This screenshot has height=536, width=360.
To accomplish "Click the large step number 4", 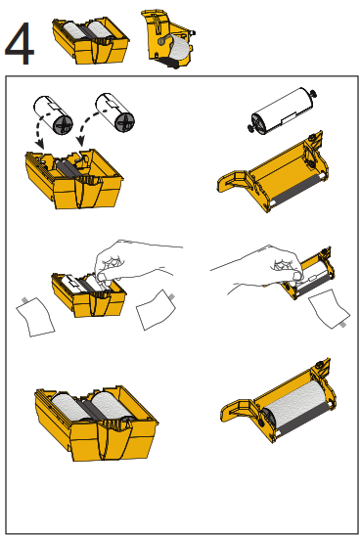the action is [x=20, y=43].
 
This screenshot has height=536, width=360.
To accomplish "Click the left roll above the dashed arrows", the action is [x=54, y=114].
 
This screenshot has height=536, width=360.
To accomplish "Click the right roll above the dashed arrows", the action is [x=114, y=112].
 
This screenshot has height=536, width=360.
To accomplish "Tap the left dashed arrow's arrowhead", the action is [x=40, y=144].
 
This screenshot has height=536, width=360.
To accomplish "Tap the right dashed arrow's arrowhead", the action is [x=80, y=142].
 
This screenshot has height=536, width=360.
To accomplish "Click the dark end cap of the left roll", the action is [x=64, y=125].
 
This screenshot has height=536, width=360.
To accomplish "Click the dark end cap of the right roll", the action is [x=125, y=122].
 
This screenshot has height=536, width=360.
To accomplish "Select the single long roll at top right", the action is [x=282, y=111].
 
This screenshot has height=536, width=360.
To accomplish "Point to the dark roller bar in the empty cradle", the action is [x=296, y=192].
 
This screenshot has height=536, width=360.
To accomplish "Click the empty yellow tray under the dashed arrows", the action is [x=73, y=178].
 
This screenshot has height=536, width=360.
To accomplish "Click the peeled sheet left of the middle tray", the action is [x=35, y=317].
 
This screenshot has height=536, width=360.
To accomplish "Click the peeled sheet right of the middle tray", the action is [x=156, y=310].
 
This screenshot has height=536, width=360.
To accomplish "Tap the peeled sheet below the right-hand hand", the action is [x=329, y=309].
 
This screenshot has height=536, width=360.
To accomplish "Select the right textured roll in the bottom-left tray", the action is [x=112, y=405].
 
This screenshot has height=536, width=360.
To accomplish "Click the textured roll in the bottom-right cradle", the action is [x=294, y=403].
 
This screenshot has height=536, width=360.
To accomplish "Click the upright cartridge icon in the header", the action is [x=168, y=39].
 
